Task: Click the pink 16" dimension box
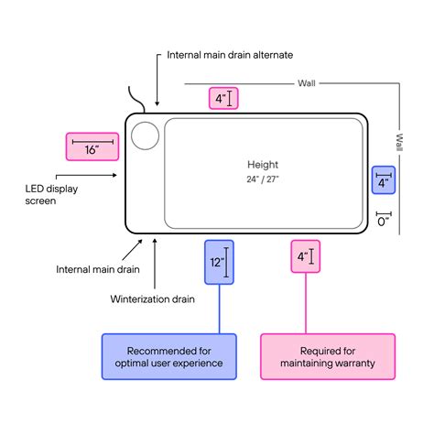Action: (x=92, y=148)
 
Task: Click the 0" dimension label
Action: (x=384, y=220)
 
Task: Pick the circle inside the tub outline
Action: (x=145, y=136)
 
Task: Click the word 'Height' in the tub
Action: (x=263, y=165)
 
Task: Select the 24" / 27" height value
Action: (x=263, y=179)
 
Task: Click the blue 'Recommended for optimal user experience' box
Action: (x=168, y=357)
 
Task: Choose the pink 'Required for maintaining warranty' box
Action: (x=328, y=357)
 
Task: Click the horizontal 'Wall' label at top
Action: (x=307, y=82)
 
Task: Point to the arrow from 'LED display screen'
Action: (x=87, y=175)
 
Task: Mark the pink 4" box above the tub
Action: (x=223, y=98)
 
